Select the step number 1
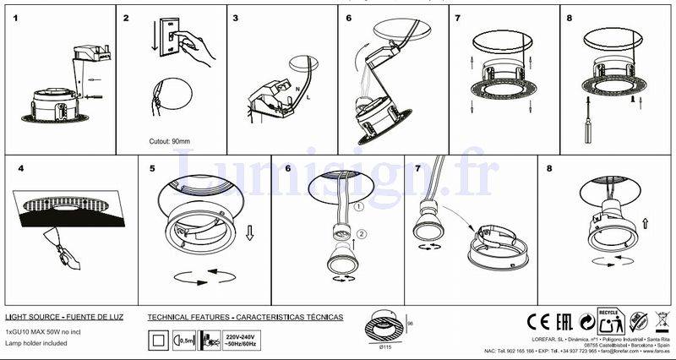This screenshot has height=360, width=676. pyautogui.click(x=16, y=17)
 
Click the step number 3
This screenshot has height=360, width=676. pyautogui.click(x=236, y=17)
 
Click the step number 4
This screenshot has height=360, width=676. pyautogui.click(x=20, y=168)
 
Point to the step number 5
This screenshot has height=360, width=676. pyautogui.click(x=152, y=168)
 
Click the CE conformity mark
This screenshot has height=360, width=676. pyautogui.click(x=538, y=321)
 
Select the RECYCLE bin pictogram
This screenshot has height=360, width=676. pyautogui.click(x=612, y=321)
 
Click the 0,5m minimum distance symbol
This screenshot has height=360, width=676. pyautogui.click(x=183, y=340)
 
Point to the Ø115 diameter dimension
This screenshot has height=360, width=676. pyautogui.click(x=385, y=348)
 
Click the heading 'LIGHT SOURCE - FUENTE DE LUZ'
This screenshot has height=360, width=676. pyautogui.click(x=64, y=317)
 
